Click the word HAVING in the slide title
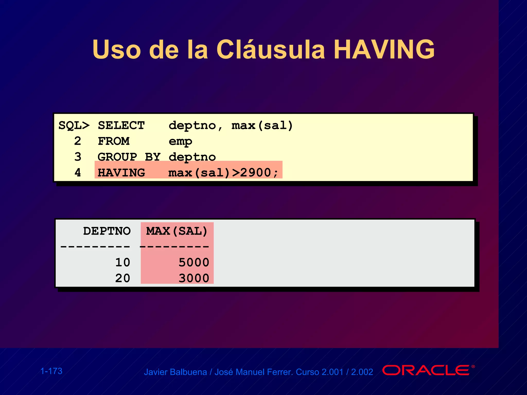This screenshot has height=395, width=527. click(x=385, y=49)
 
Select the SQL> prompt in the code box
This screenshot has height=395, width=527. click(x=74, y=126)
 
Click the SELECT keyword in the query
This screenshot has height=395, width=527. click(x=121, y=126)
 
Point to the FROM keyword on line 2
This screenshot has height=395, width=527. click(x=113, y=141)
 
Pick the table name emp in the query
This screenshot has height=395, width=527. click(x=180, y=141)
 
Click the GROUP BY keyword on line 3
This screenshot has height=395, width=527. click(x=129, y=157)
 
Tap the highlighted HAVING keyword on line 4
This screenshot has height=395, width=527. click(x=121, y=173)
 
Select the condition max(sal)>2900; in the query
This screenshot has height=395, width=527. click(x=223, y=173)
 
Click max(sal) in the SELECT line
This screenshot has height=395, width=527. click(x=262, y=126)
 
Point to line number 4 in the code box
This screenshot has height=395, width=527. click(x=78, y=173)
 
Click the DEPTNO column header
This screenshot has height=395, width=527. click(x=107, y=231)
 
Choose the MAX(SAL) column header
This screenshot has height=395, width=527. click(x=177, y=231)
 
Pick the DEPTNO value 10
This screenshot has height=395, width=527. click(x=122, y=263)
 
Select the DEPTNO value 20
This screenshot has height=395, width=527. click(x=122, y=278)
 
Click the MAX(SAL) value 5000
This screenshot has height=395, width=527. click(x=194, y=263)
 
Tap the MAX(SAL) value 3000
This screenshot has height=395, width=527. click(x=194, y=278)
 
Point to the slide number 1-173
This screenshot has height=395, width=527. click(x=51, y=371)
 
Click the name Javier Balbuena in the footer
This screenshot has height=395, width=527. click(x=175, y=372)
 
